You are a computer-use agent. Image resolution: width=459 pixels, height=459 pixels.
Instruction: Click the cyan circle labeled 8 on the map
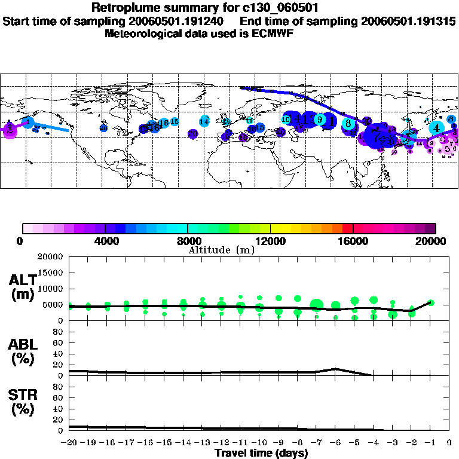(x=348, y=124)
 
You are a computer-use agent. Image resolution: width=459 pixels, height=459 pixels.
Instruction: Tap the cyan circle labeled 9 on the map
(x=320, y=120)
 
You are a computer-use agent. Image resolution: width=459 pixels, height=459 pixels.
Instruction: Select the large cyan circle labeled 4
(x=436, y=127)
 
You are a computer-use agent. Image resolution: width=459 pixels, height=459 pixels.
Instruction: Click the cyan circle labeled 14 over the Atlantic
(x=205, y=121)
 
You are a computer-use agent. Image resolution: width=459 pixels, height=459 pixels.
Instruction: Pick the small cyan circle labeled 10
(x=286, y=120)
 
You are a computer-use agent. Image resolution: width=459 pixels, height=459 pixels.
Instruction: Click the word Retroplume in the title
(x=123, y=8)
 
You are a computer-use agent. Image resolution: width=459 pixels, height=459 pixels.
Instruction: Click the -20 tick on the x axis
(x=69, y=443)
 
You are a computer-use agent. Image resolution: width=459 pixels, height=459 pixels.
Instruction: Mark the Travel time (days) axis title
(x=261, y=454)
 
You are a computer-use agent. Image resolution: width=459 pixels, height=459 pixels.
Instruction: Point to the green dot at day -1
(x=431, y=303)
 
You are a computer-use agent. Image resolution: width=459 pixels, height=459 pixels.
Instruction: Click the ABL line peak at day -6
(x=335, y=369)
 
